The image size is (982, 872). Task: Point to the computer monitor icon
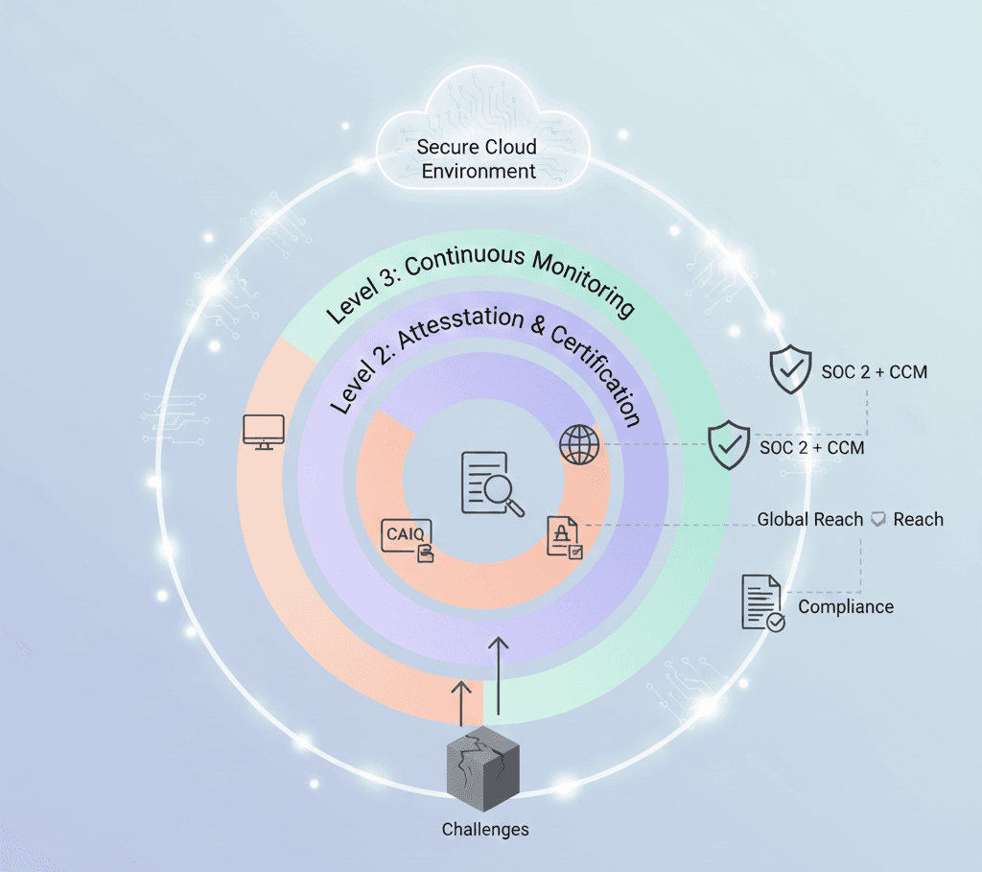[264, 433]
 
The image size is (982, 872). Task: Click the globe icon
[579, 445]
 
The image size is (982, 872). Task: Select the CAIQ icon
[408, 536]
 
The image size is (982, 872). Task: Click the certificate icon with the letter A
[564, 537]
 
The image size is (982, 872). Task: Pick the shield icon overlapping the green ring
[729, 444]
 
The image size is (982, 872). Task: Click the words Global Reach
[810, 520]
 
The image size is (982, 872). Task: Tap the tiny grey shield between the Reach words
[878, 520]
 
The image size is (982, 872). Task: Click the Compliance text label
[846, 607]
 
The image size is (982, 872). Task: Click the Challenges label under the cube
[485, 829]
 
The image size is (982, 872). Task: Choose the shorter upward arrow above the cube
[461, 702]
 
